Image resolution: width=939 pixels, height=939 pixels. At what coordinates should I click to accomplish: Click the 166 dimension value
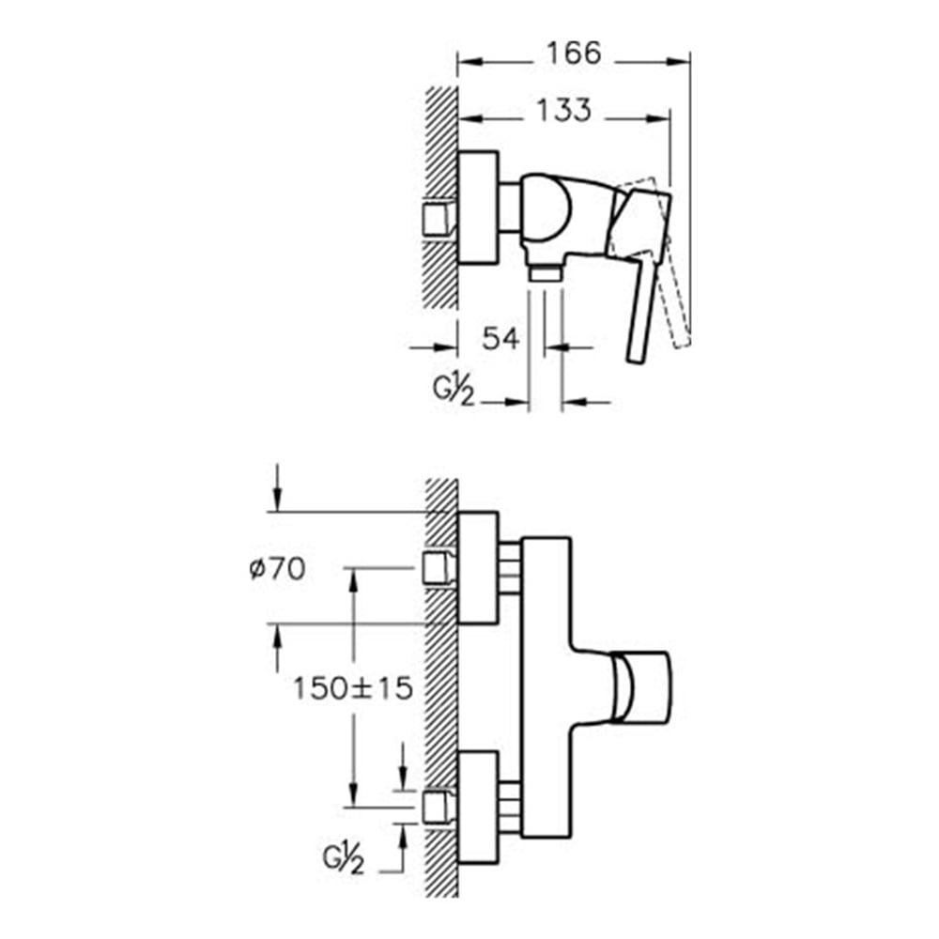pos(573,54)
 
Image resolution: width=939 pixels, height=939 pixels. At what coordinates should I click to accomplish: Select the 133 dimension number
pos(563,110)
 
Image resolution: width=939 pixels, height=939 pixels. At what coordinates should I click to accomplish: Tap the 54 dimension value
pos(500,338)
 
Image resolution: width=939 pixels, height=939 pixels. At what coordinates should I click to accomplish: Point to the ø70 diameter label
pos(277,568)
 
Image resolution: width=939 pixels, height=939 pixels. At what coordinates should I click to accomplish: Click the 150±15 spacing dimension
pos(353,688)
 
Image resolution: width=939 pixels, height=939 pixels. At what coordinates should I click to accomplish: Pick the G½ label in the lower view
pos(343,859)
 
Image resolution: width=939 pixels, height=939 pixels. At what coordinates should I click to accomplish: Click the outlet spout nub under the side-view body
pos(545,273)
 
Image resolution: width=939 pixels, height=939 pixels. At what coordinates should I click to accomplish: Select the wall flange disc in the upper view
pos(478,208)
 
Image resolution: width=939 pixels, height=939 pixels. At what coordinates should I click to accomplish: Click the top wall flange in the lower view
pos(478,568)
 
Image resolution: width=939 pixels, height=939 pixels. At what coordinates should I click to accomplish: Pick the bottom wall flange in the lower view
pos(478,808)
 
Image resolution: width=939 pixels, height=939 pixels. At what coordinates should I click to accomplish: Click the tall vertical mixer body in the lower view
pos(546,687)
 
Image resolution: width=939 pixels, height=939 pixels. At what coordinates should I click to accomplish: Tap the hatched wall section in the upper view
pos(442,197)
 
